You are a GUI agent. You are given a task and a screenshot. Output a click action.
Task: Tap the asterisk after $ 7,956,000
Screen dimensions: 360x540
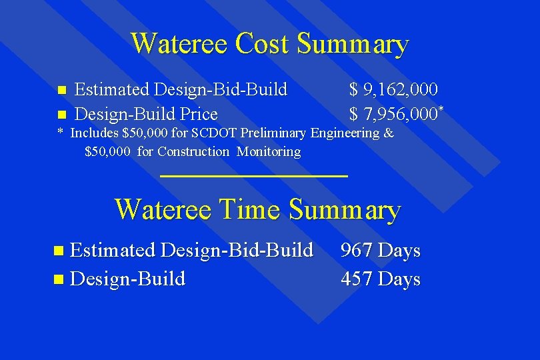(441, 108)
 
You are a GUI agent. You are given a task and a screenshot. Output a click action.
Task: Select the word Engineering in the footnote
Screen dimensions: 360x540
(345, 133)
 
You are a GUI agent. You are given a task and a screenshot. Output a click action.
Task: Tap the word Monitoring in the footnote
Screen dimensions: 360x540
(269, 151)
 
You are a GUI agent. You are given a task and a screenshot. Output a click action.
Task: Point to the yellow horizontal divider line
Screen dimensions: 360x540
(255, 176)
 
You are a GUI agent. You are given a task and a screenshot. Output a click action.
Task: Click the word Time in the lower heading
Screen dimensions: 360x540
(249, 209)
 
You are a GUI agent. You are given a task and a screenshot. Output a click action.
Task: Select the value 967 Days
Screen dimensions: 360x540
(381, 251)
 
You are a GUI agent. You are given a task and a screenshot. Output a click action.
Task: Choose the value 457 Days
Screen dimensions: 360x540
(381, 279)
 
